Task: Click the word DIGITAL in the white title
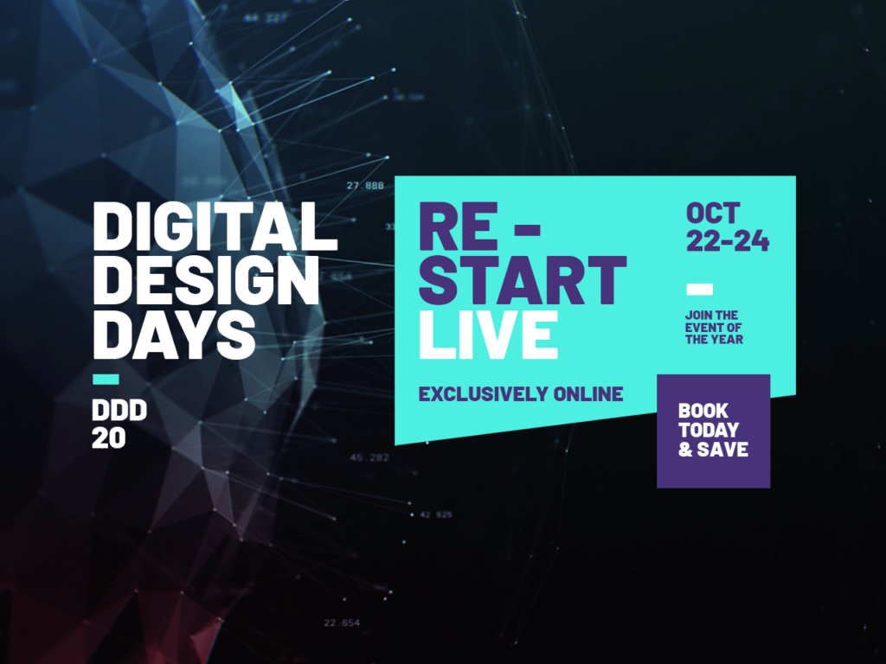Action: tap(215, 227)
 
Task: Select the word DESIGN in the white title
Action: tap(206, 282)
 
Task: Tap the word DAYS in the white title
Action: tap(174, 336)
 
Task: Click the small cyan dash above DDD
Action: tap(106, 379)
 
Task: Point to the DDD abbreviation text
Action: tap(119, 412)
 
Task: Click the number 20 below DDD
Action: tap(109, 438)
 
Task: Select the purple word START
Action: tap(523, 281)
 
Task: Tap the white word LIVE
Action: tap(488, 336)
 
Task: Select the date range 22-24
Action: tap(728, 241)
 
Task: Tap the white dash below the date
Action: tap(699, 289)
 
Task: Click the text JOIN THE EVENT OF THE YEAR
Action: tap(714, 328)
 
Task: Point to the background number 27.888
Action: tap(364, 186)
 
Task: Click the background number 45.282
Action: tap(369, 457)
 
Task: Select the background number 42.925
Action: tap(436, 514)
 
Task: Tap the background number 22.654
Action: tap(342, 622)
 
